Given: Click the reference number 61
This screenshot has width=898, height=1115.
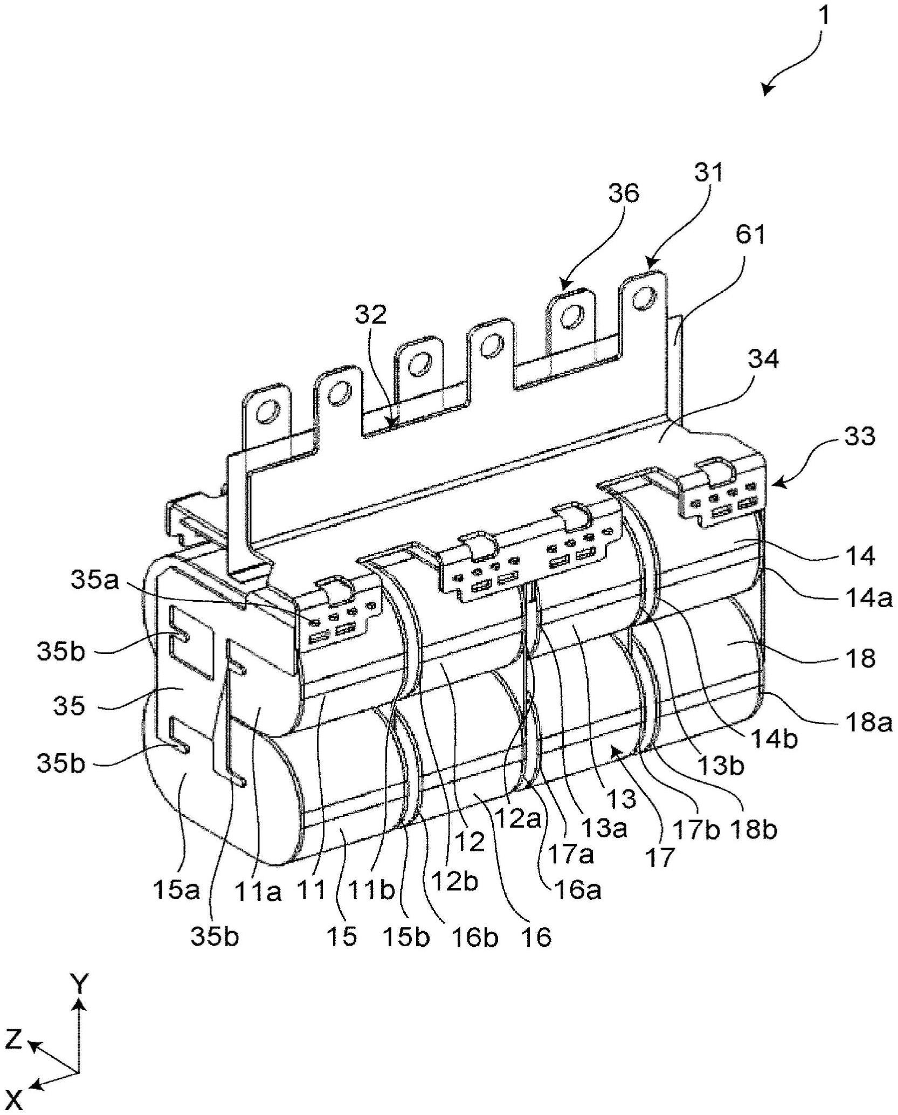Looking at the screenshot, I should (x=750, y=235).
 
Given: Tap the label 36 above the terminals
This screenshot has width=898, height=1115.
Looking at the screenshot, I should (x=624, y=193).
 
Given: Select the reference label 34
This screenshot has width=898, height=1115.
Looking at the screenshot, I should (x=763, y=358).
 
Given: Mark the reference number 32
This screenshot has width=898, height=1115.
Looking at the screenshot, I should (x=371, y=314).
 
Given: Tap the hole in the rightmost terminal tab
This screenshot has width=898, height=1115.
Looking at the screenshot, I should (x=644, y=296).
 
